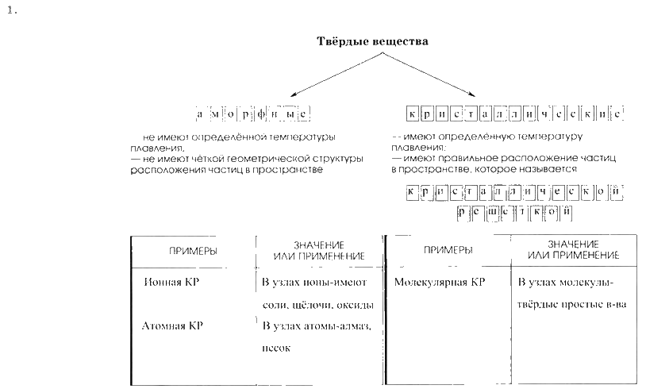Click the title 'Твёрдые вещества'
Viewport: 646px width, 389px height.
(x=372, y=41)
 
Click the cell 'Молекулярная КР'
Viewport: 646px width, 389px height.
(x=439, y=282)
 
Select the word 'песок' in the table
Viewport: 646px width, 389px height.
(x=275, y=348)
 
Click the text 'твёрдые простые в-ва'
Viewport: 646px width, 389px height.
(x=566, y=305)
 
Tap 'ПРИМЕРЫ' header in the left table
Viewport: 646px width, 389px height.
(x=193, y=251)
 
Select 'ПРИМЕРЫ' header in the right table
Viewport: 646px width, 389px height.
(x=448, y=250)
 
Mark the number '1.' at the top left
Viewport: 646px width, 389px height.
(x=10, y=10)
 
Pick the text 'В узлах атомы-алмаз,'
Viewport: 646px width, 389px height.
(x=317, y=325)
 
